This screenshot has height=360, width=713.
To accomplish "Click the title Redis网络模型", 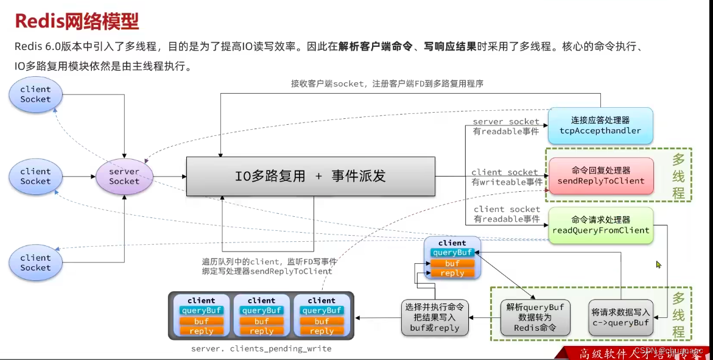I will point(77,22).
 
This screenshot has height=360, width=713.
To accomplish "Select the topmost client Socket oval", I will point(35,94).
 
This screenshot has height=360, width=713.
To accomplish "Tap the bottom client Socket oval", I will point(35,263).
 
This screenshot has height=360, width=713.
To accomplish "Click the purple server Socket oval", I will point(124,177).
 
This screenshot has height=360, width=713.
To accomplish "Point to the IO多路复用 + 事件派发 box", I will point(311,177).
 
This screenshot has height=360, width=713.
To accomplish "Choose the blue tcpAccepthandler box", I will point(600,125).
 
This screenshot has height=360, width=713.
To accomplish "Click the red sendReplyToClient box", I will point(601,175).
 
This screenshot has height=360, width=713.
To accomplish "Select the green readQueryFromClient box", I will point(600,225).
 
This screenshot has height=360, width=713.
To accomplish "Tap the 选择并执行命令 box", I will point(434,317).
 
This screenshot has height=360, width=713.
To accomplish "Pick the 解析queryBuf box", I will point(535,317).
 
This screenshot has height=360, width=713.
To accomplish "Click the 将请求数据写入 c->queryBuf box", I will point(620,317).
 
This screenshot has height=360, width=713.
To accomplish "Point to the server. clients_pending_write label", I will point(261,348).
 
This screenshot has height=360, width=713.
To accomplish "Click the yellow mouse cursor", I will point(658,265).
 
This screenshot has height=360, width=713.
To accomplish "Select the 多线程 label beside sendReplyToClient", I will point(678,177).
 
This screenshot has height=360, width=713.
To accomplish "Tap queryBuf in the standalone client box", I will point(452,253).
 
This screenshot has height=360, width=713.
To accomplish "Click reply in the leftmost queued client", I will point(202,331).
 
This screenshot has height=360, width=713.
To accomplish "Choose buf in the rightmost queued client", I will point(322,321).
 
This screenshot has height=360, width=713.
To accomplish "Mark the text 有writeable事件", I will point(506,182).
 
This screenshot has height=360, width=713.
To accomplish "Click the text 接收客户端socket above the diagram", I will point(387,83).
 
